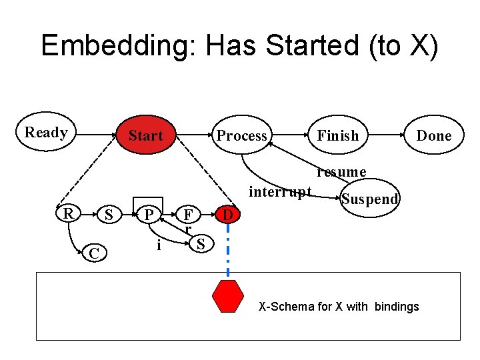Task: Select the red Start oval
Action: (x=145, y=135)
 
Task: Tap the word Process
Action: (x=241, y=135)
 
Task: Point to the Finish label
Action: (x=337, y=135)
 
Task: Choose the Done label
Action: (x=434, y=135)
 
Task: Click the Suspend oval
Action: (x=370, y=199)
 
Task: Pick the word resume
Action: (x=341, y=172)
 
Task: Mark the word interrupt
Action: (x=280, y=192)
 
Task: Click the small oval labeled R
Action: (x=67, y=213)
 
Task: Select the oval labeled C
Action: (x=95, y=253)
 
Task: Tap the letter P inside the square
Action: (x=150, y=214)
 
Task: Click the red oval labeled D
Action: (x=228, y=215)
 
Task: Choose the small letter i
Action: (x=158, y=245)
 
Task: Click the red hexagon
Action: (x=228, y=297)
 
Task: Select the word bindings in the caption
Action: (x=397, y=307)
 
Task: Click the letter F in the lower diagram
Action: (x=189, y=215)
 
